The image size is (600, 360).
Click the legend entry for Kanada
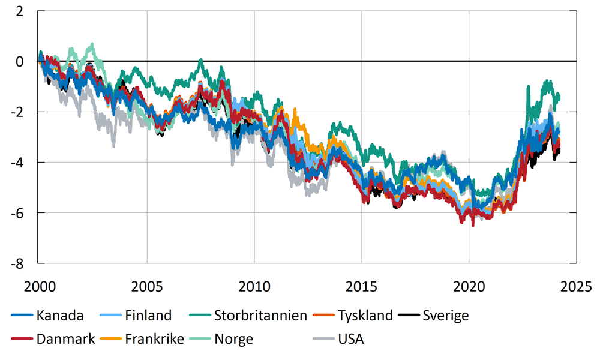(x=59, y=316)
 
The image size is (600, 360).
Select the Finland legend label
(x=148, y=316)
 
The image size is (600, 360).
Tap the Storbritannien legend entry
(x=260, y=316)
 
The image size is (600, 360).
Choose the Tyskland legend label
(x=365, y=316)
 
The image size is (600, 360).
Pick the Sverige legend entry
(x=445, y=316)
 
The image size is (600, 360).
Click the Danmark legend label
(x=65, y=339)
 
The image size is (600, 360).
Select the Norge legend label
(x=233, y=339)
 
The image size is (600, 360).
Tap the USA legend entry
(x=351, y=339)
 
